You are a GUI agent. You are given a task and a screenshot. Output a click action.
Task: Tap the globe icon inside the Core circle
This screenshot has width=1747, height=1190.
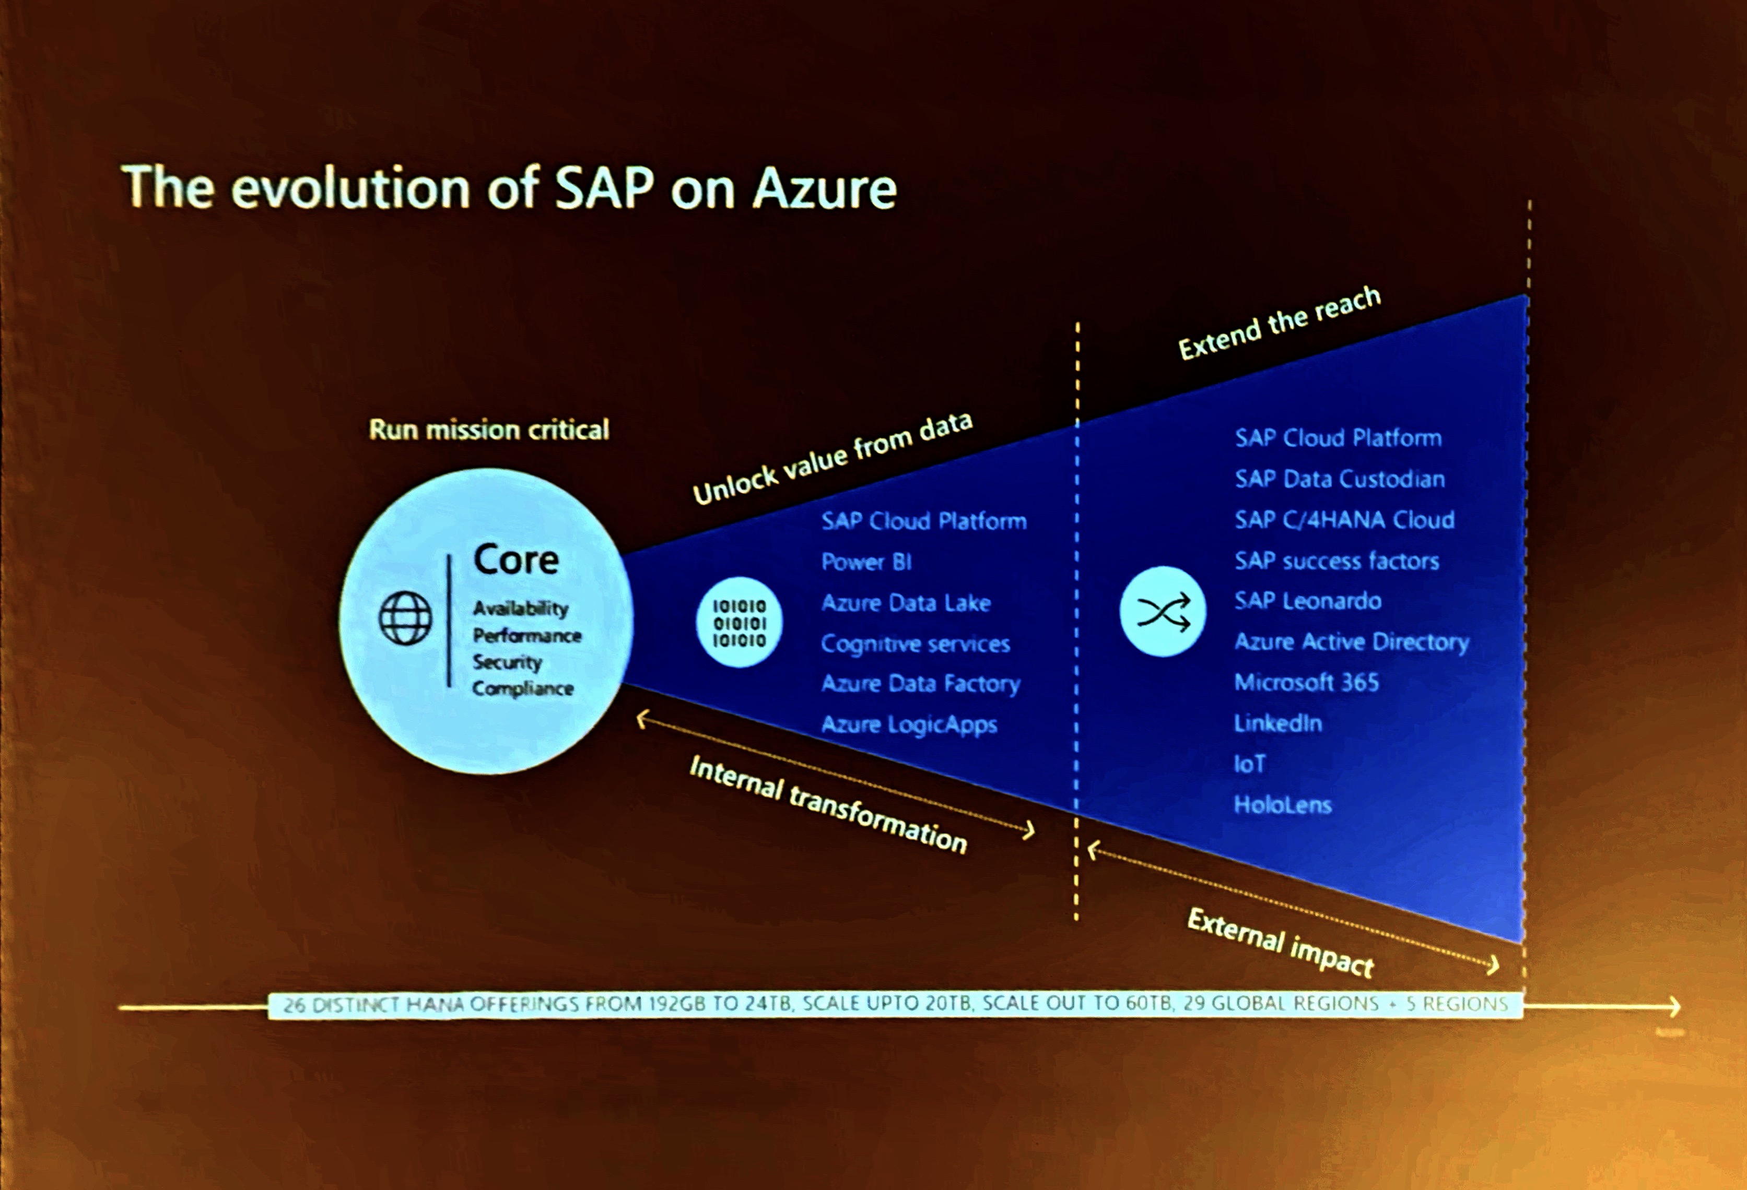click(405, 618)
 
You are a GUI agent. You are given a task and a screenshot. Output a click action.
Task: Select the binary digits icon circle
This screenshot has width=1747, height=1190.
click(739, 623)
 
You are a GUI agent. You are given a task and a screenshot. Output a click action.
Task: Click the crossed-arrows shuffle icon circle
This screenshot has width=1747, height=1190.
click(1162, 612)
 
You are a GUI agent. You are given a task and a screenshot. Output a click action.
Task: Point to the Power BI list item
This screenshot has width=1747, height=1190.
click(866, 562)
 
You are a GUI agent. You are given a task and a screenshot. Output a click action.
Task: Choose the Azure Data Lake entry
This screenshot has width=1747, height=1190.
click(905, 602)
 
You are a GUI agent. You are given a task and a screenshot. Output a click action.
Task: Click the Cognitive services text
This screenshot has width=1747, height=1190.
click(915, 644)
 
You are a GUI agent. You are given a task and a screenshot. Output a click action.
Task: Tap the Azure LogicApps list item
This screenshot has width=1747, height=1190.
click(909, 724)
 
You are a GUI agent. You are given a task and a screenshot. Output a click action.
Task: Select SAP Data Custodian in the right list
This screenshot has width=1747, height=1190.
click(1339, 479)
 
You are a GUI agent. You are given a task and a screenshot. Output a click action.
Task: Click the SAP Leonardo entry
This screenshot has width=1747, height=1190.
click(1307, 601)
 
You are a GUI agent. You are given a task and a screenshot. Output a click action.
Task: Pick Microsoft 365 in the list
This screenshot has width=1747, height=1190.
click(1306, 682)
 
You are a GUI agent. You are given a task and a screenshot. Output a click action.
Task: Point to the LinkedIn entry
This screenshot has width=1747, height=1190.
click(1277, 723)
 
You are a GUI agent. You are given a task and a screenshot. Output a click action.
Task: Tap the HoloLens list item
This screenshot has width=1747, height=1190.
click(1282, 805)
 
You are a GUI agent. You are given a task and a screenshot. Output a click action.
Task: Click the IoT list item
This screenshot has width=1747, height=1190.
click(1249, 764)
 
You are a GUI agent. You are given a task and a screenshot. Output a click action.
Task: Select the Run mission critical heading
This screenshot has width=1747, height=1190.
click(489, 430)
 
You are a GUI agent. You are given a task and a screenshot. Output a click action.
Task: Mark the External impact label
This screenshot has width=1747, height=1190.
click(1280, 942)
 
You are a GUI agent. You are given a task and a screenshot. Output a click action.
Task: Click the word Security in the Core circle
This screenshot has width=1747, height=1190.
click(507, 662)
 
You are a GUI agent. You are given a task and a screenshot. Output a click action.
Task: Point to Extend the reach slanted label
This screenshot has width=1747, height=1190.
click(1279, 323)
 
